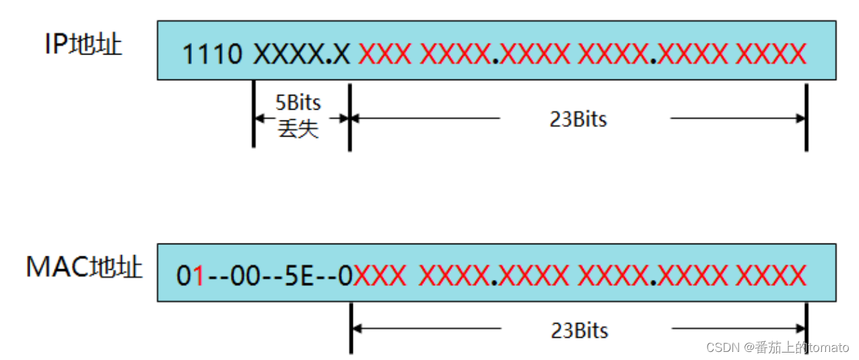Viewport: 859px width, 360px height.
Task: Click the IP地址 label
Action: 83,44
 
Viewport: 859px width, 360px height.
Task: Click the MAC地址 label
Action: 84,267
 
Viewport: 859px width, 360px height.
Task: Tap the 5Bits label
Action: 298,103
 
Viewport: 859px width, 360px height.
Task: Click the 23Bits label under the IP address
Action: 578,119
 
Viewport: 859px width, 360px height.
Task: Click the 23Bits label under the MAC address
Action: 579,330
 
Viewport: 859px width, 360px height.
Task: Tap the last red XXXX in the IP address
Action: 771,54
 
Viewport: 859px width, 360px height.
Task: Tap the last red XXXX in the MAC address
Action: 771,276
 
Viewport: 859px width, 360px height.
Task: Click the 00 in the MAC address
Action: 245,276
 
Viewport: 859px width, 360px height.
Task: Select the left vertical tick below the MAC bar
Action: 351,328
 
